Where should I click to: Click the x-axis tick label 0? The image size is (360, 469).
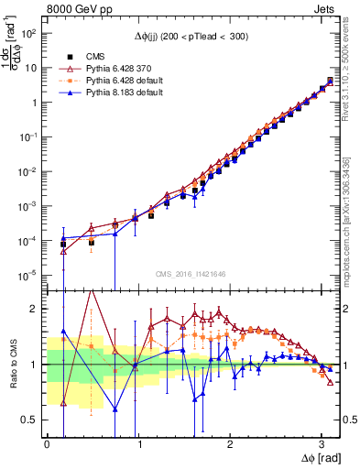pos(47,443)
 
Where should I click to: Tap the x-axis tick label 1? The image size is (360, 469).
pos(138,443)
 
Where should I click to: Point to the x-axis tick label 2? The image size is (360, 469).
pos(229,443)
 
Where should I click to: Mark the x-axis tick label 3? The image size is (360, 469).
pos(321,443)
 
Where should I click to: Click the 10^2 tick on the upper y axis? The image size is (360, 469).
pos(30,33)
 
